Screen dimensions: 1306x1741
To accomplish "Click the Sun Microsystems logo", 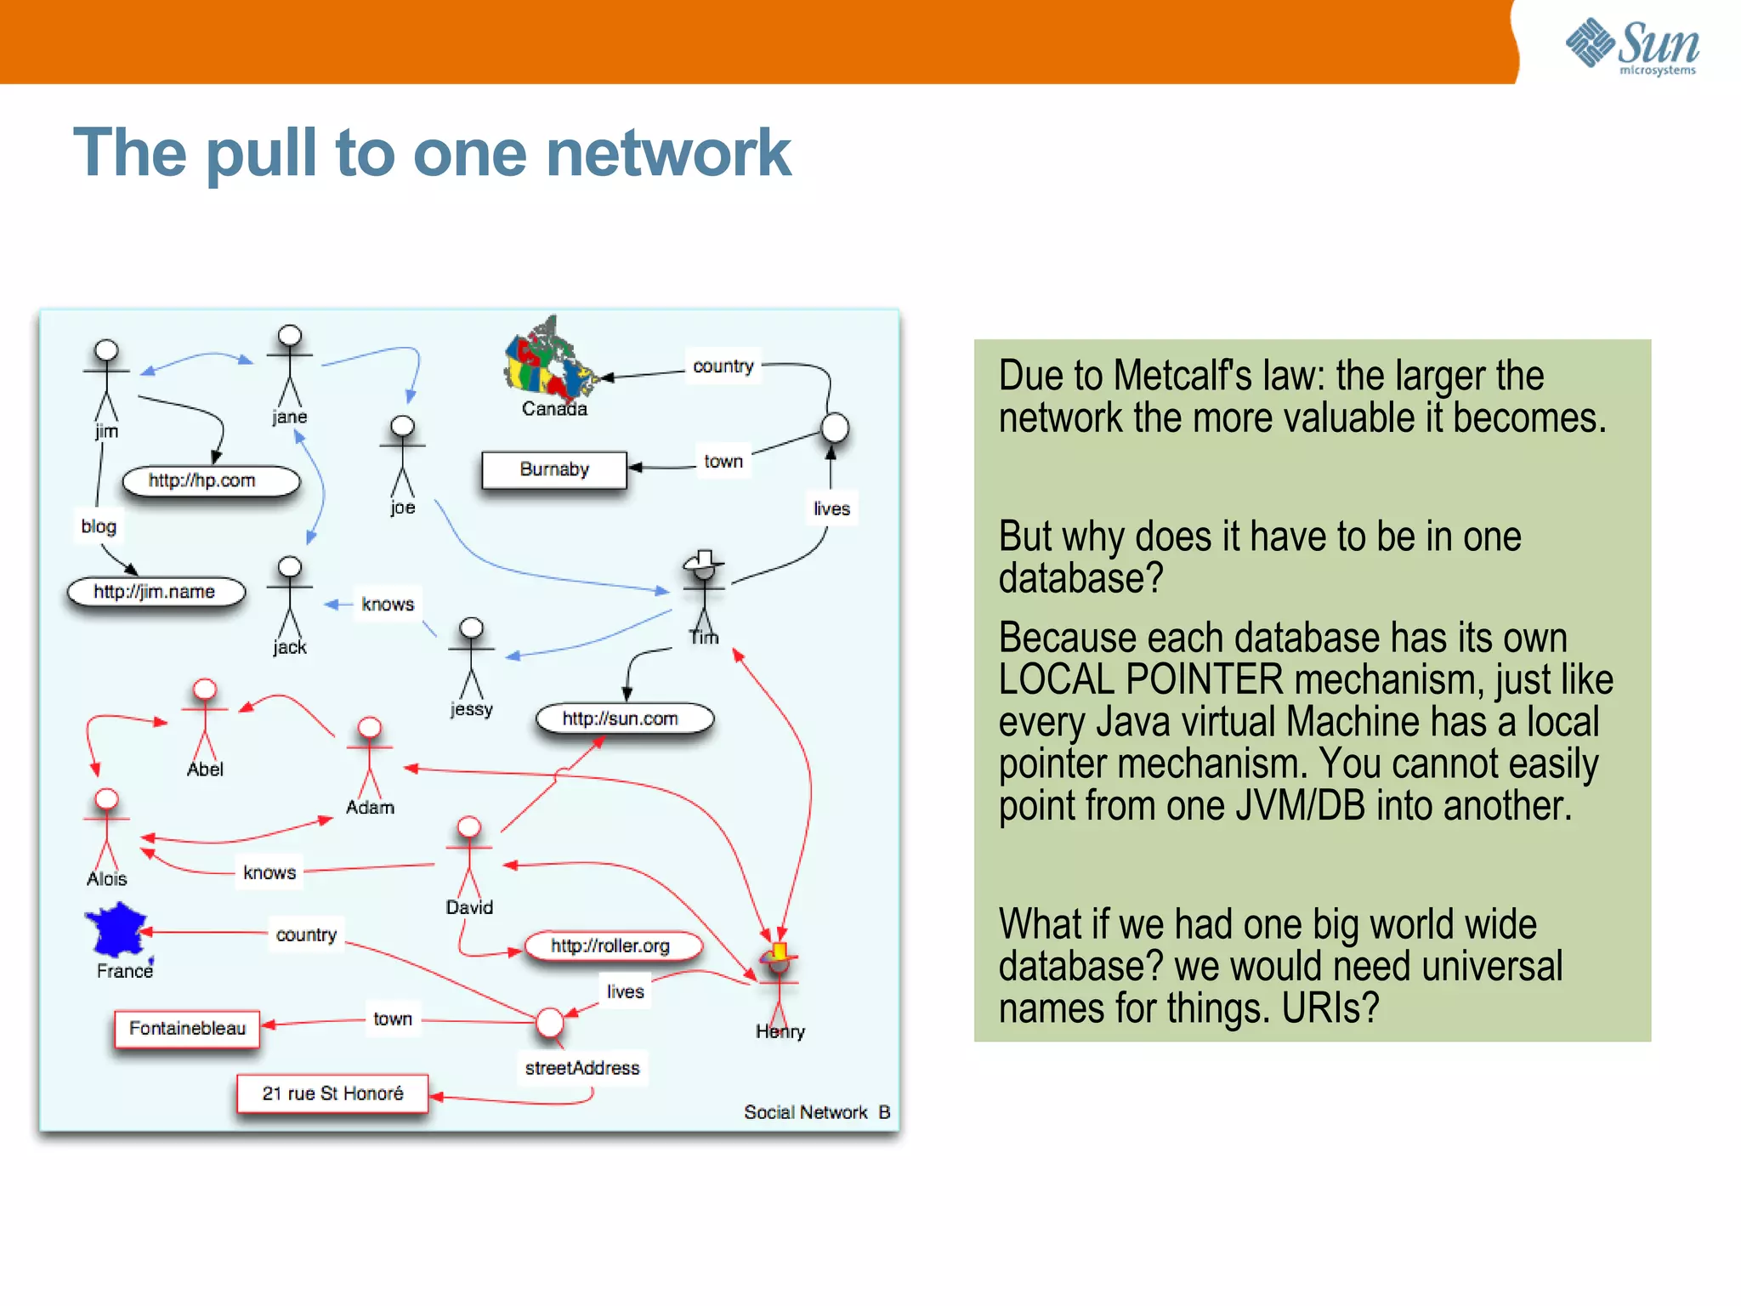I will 1632,47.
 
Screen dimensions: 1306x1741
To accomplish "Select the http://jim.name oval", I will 156,592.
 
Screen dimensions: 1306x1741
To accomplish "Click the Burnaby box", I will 554,469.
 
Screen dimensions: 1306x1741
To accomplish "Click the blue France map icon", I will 117,930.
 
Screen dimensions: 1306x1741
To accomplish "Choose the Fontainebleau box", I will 187,1029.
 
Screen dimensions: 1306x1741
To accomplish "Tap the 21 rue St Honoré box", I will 332,1093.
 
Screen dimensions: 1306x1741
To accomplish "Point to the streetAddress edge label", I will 582,1068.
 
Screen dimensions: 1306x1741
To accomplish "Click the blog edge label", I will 99,526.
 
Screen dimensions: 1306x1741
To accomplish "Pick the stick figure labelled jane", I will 290,366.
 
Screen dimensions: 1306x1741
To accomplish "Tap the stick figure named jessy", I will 471,659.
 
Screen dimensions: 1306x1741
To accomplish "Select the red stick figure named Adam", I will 370,757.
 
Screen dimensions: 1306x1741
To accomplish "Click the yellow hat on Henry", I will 779,951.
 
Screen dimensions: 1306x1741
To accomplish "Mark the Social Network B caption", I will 816,1112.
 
